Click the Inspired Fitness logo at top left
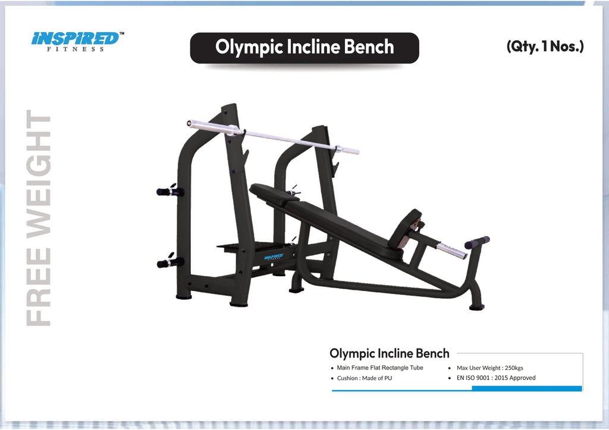tap(77, 40)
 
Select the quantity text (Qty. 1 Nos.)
tap(545, 46)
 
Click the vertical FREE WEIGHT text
tap(40, 219)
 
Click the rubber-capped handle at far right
tap(477, 242)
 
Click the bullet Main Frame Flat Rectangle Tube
tap(379, 368)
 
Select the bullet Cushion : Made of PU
tap(364, 378)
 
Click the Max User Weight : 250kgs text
tap(489, 368)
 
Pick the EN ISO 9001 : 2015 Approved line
tap(495, 378)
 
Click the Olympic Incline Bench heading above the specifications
tap(389, 354)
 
